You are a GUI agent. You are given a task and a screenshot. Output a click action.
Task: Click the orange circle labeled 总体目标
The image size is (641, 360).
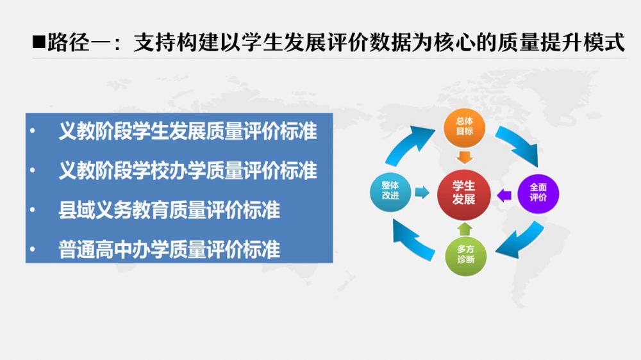coord(464,127)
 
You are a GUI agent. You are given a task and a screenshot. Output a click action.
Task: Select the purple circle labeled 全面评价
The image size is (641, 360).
coord(538,193)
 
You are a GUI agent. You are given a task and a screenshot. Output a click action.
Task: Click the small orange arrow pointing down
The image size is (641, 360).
coord(464,158)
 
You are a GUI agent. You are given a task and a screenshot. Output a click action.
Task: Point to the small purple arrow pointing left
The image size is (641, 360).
coord(504,195)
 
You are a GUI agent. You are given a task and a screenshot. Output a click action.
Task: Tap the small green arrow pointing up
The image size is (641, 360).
coord(465,229)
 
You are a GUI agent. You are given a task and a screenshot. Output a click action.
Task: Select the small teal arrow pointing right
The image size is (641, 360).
coord(422,192)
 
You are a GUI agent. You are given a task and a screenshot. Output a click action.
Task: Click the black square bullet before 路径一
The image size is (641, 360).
coord(39,42)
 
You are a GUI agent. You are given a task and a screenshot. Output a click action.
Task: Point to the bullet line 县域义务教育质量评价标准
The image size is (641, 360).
coord(169,210)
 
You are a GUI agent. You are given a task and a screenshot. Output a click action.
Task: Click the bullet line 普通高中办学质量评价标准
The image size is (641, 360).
coord(169,249)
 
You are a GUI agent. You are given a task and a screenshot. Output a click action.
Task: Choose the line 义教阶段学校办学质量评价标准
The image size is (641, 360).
coord(188,170)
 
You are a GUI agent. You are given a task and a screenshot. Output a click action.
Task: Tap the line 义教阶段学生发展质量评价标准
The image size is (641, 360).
coord(188,131)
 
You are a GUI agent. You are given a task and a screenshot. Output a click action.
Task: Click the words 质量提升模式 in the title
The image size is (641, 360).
coord(561,42)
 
